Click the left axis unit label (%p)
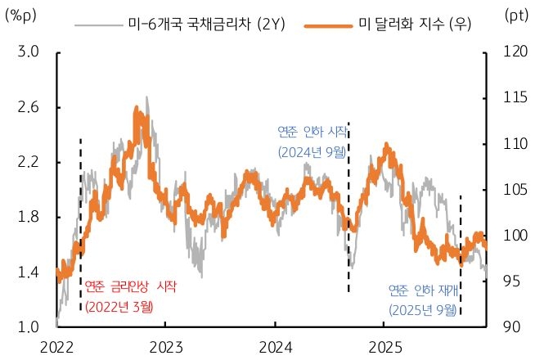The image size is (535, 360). click(21, 16)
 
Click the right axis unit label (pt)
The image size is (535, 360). click(516, 16)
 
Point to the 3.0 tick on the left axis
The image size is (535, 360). click(29, 52)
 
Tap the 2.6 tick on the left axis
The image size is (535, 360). click(29, 107)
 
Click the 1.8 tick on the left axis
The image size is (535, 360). click(29, 218)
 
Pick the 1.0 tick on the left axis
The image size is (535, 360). click(29, 327)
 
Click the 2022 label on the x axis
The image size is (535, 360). click(57, 346)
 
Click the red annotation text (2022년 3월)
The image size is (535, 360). click(119, 307)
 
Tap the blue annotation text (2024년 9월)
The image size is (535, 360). click(311, 151)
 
